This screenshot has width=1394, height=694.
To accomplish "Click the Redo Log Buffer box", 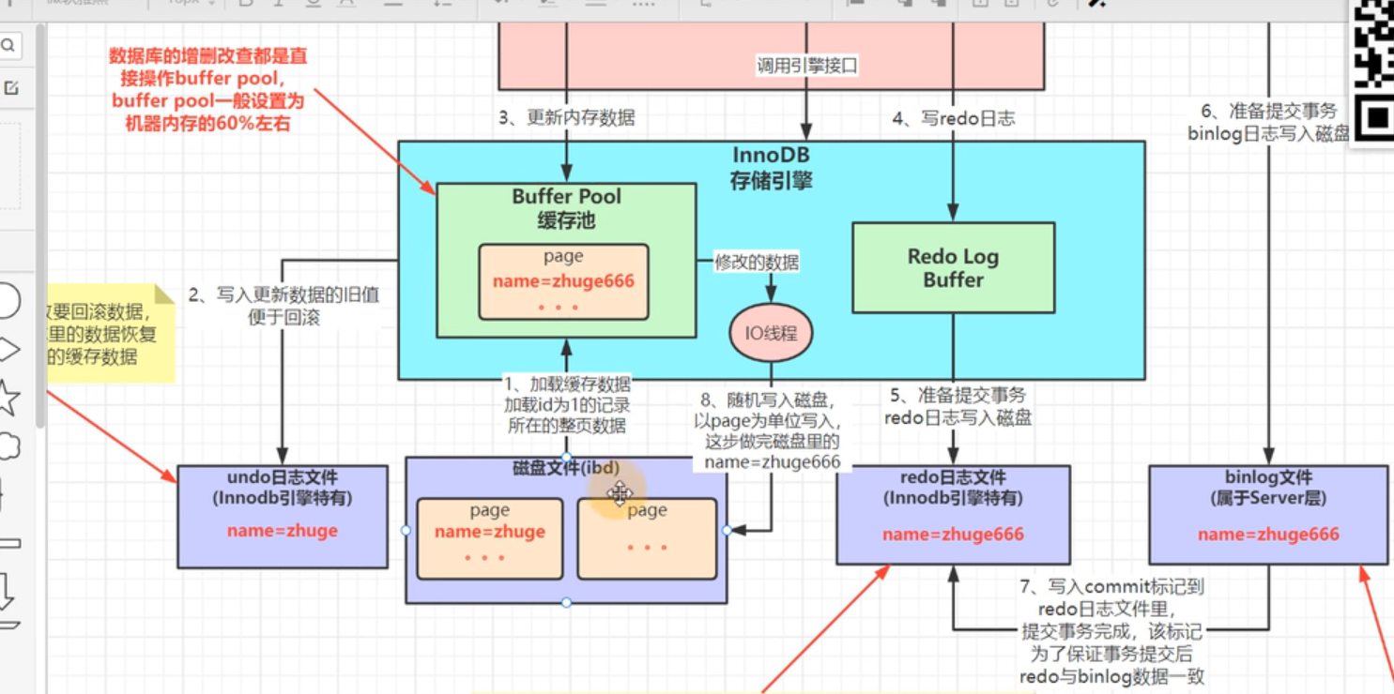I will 953,267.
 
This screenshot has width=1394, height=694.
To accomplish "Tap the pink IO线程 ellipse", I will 771,333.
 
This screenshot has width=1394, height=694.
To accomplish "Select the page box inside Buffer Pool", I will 563,281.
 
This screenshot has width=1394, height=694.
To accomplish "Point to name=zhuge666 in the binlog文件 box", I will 1268,535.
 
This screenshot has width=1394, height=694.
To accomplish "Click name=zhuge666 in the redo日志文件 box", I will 953,535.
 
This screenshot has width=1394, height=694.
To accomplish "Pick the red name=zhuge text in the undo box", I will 282,531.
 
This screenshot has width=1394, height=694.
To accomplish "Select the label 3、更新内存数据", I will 566,118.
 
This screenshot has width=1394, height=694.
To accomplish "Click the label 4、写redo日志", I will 953,119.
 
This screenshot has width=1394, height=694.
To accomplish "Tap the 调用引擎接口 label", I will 807,67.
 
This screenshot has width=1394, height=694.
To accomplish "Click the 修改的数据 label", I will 757,263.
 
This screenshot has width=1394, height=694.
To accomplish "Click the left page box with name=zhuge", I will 489,538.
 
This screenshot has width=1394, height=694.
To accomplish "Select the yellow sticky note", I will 108,333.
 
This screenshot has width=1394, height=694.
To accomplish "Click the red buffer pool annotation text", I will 207,89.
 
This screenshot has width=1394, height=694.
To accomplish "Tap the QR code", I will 1372,66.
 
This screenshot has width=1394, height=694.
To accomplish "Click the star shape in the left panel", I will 8,399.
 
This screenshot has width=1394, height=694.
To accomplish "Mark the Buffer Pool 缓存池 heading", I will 566,208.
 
